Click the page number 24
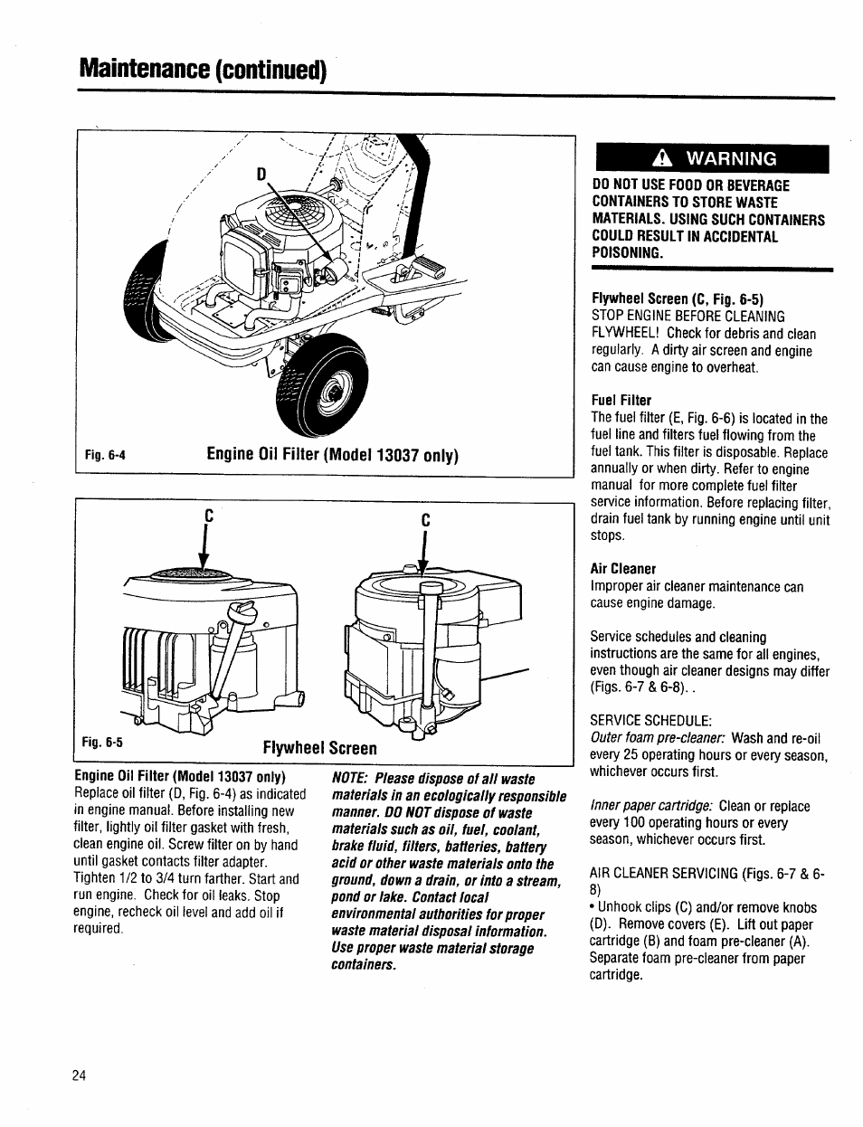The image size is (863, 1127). (x=79, y=1075)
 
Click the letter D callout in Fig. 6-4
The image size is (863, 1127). (x=262, y=172)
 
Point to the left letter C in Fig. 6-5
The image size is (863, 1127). (x=207, y=514)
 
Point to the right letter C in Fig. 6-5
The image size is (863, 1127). (x=424, y=521)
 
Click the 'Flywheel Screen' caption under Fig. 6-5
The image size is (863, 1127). (x=319, y=748)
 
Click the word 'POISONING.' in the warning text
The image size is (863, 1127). (x=627, y=252)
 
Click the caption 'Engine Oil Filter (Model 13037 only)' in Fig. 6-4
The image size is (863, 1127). (x=333, y=455)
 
